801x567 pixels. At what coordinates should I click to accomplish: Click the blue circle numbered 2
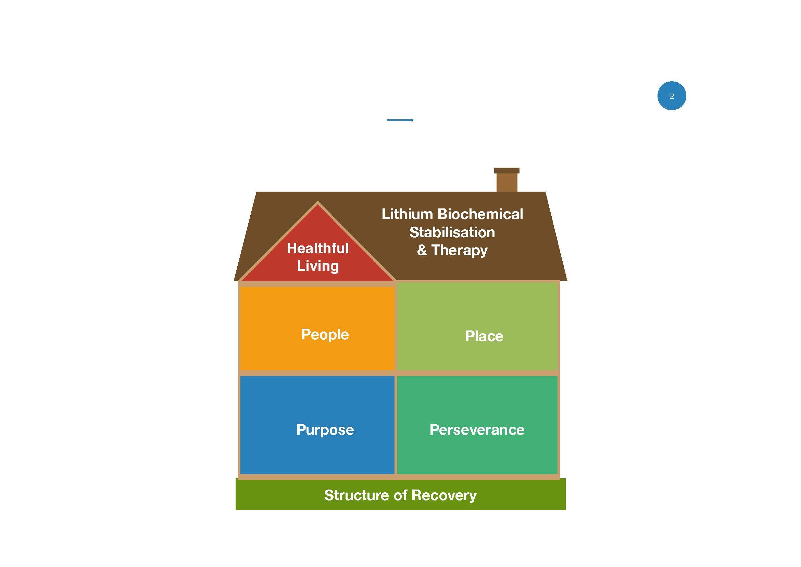point(672,96)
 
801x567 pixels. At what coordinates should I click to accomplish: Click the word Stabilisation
point(452,232)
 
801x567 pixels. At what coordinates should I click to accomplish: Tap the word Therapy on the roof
point(460,250)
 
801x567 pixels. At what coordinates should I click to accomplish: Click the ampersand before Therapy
point(422,250)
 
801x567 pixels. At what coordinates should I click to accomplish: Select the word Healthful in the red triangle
point(317,248)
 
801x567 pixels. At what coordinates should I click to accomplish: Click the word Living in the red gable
point(318,266)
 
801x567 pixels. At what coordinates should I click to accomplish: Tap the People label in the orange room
point(325,335)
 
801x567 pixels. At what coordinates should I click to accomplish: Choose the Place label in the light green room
point(484,336)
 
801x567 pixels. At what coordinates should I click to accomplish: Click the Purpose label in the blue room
point(325,430)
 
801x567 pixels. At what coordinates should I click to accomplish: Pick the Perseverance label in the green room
point(477,430)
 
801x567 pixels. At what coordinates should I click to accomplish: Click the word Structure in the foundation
point(356,495)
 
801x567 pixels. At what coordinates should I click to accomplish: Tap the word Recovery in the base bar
point(444,495)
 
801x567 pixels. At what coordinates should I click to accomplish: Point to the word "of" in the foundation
point(400,495)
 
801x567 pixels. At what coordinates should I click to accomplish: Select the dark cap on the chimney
point(506,170)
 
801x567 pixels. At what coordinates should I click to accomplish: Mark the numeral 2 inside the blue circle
point(672,96)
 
